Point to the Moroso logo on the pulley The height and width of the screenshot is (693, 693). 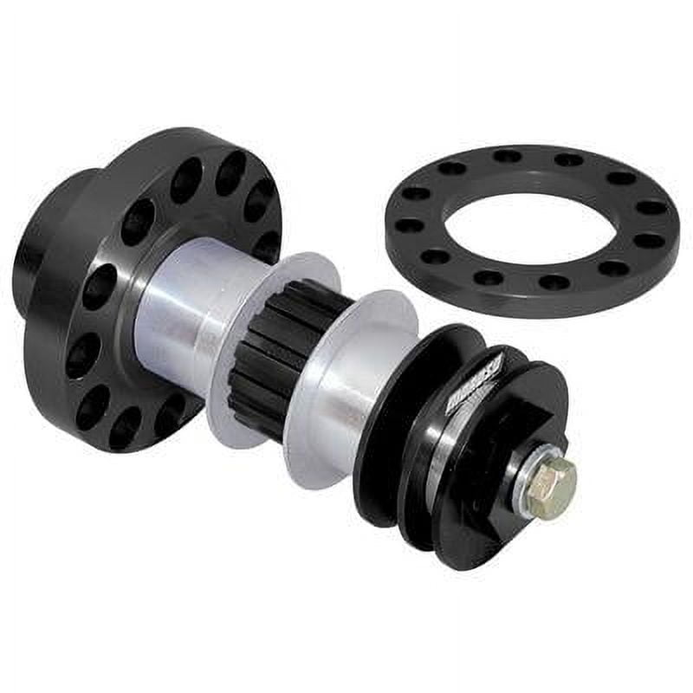(x=472, y=381)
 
